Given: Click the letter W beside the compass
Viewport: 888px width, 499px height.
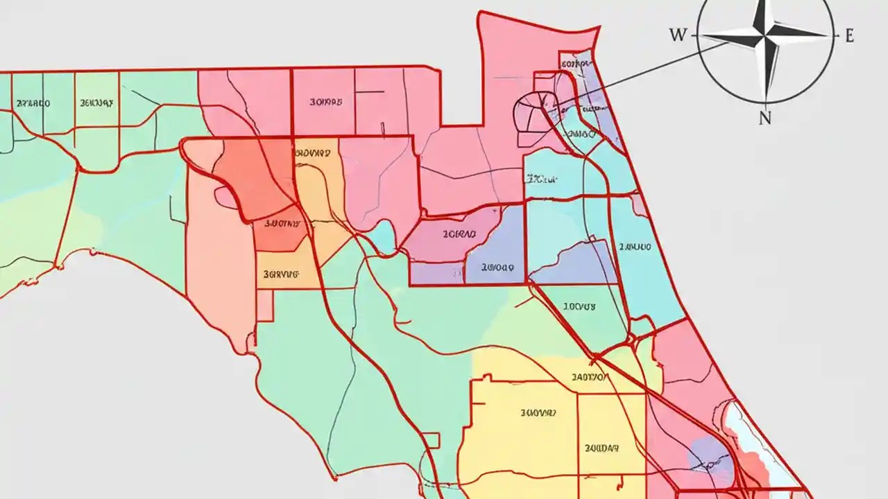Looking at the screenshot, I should coord(677,35).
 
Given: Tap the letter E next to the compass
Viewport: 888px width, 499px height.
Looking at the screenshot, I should coord(849,36).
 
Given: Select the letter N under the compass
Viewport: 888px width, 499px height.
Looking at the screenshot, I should coord(765,118).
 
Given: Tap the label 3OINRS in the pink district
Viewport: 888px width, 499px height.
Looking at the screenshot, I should coord(325,103).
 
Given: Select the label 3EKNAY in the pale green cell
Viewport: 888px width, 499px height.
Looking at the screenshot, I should coord(96,103).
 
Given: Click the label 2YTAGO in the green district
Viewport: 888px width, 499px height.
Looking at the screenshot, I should coord(33,103).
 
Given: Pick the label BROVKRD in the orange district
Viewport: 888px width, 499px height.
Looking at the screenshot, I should coord(312,152).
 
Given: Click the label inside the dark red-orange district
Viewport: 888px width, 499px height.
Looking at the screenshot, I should coord(282,224).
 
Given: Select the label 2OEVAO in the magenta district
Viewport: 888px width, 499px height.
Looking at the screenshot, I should coord(459,235).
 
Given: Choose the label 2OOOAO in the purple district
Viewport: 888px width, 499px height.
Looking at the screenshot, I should coord(497,267).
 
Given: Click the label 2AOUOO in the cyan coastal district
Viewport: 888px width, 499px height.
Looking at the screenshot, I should coord(635,247).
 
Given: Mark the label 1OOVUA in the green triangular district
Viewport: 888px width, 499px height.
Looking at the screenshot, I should coord(579,306).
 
